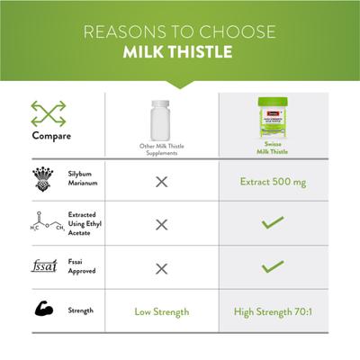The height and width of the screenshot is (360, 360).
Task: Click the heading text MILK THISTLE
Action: [x=180, y=50]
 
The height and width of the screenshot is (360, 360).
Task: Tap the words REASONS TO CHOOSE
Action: [x=180, y=31]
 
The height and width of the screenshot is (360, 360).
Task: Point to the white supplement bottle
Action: [x=161, y=118]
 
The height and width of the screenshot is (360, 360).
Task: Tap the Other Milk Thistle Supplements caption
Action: [x=161, y=148]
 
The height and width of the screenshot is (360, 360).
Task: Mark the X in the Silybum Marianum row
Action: [x=161, y=182]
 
